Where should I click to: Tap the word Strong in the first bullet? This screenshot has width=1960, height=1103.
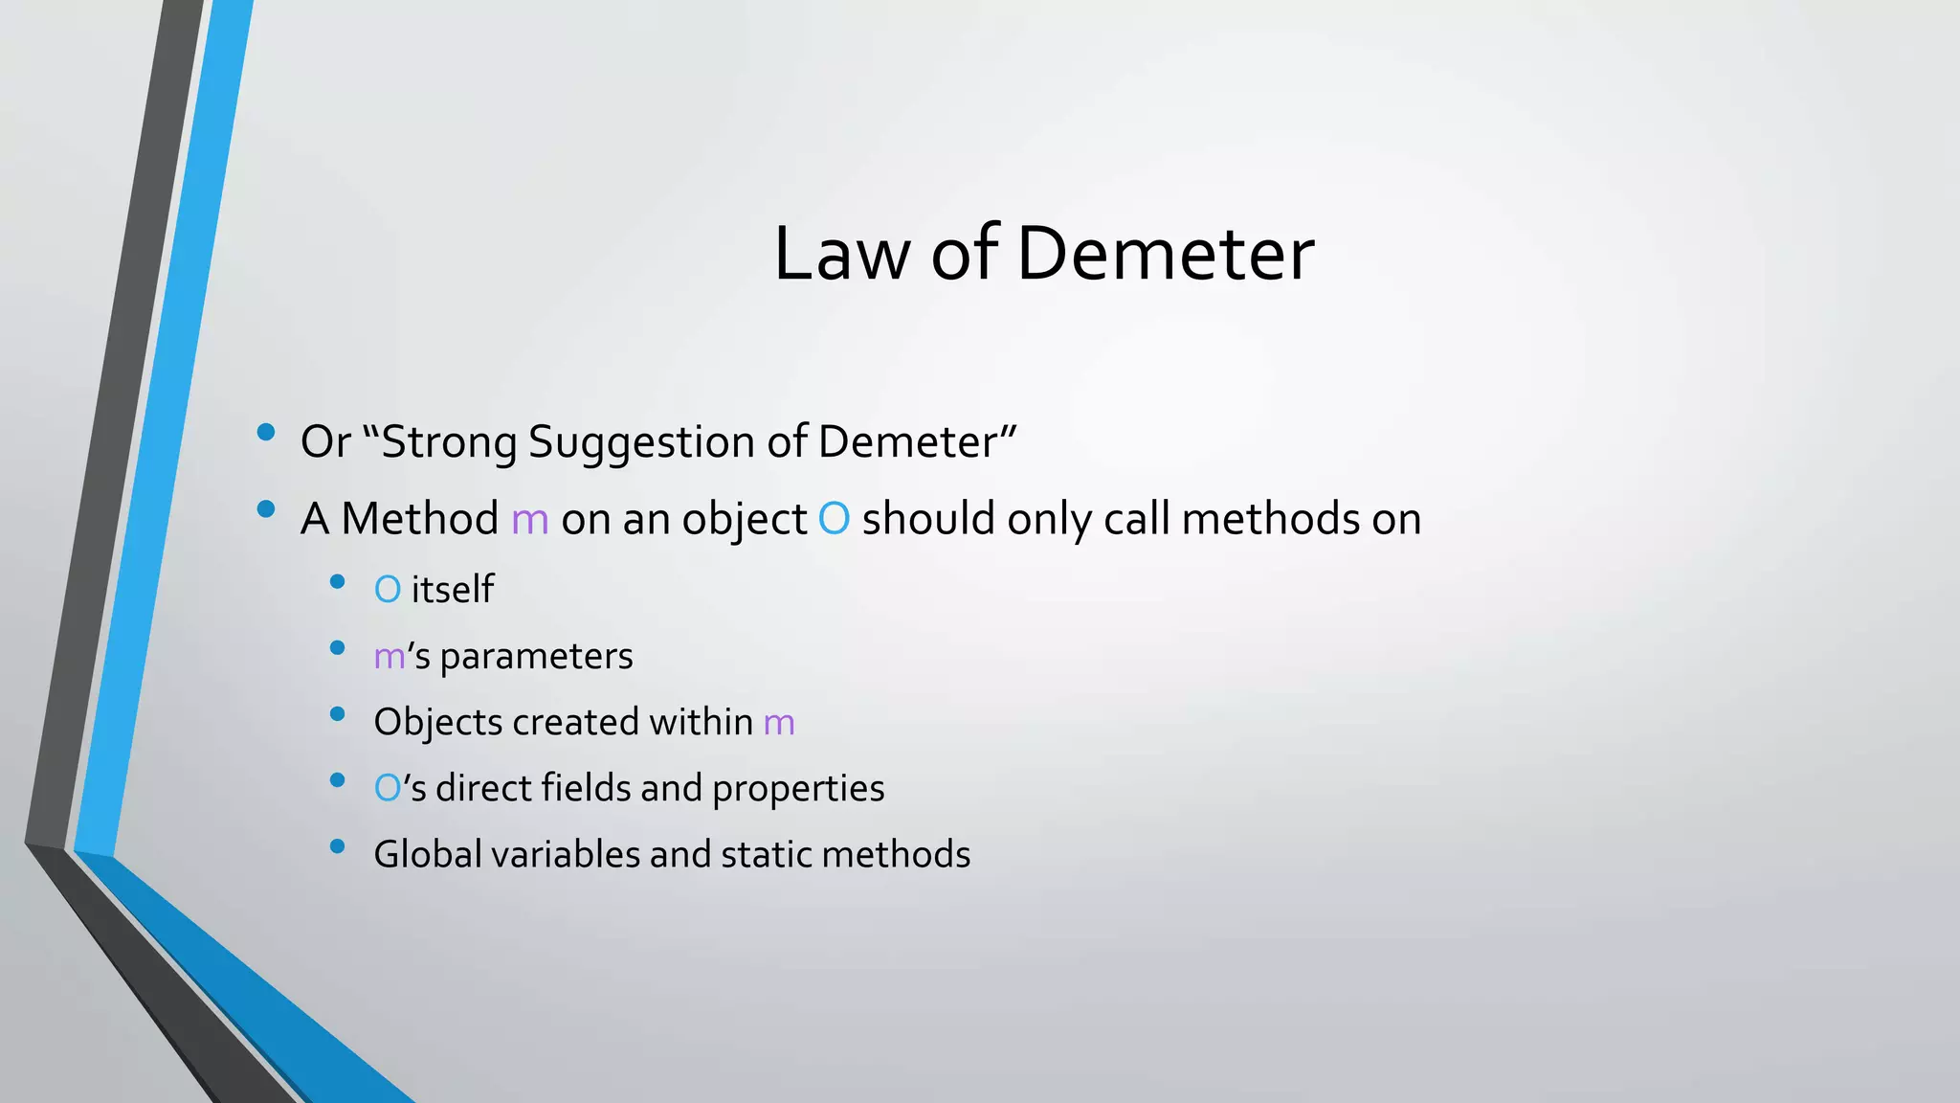tap(450, 442)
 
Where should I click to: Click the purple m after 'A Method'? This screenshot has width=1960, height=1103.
tap(530, 520)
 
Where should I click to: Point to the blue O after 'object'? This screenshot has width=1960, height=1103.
tap(834, 520)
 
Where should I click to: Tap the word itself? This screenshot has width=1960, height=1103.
tap(452, 589)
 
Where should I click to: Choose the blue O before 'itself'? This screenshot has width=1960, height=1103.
tap(388, 590)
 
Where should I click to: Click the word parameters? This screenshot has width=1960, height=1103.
tap(536, 657)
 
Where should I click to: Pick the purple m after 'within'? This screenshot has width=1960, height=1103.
tap(779, 723)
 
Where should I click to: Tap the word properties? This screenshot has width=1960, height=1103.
tap(798, 789)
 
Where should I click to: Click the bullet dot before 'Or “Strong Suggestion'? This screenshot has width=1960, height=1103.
tap(266, 432)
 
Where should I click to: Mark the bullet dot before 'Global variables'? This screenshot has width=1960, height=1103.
tap(337, 845)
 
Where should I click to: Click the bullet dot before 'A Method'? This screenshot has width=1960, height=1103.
tap(266, 509)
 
